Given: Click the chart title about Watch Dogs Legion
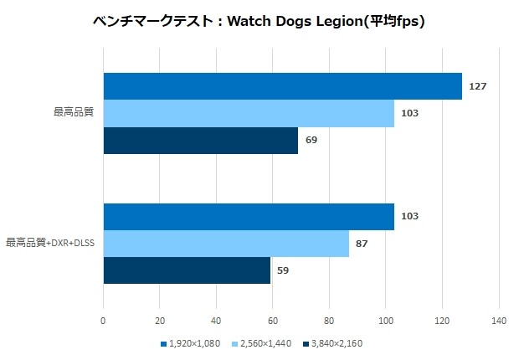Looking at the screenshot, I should click(259, 21).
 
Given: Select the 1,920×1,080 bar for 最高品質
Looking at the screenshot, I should click(282, 86).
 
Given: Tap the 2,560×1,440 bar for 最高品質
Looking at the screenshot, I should click(249, 113).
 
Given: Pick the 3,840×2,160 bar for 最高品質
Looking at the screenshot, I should click(200, 140).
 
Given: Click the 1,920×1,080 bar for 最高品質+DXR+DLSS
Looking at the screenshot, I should click(249, 216).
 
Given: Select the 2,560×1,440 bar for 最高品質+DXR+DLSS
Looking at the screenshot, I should click(226, 243).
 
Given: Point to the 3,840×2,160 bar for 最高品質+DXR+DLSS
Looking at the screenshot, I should click(187, 270).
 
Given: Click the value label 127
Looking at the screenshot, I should click(478, 86).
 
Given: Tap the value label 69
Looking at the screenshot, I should click(311, 140).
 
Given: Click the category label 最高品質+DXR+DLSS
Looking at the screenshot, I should click(50, 243).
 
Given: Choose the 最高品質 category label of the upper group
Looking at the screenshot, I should click(73, 113).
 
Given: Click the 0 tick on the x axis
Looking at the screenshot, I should click(103, 320).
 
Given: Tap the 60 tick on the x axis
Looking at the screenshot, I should click(273, 320).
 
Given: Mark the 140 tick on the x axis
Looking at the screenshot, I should click(499, 320).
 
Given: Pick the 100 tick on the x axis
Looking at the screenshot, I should click(386, 320).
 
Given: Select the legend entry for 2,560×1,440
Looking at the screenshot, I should click(266, 343).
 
